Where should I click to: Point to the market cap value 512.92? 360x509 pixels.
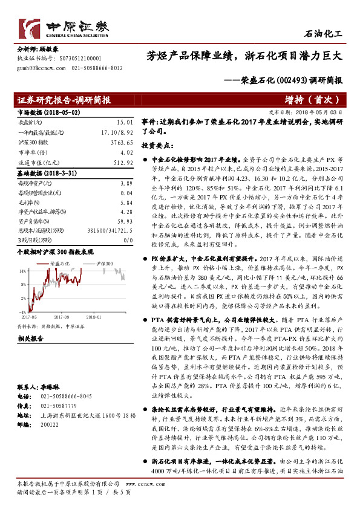tap(122, 163)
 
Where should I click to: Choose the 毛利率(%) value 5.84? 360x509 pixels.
tap(125, 203)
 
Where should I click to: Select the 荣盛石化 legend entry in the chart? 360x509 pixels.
tap(60, 264)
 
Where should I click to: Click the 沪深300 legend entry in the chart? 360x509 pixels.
tap(108, 264)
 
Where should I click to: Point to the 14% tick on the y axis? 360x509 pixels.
tap(22, 271)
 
